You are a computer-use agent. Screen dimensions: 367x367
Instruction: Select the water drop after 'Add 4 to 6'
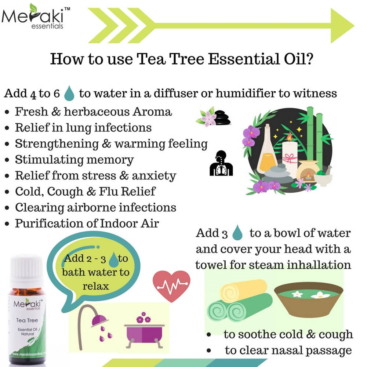69,94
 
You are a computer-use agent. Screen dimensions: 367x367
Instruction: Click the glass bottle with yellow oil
267,150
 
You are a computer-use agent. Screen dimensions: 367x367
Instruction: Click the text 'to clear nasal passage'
288,350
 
